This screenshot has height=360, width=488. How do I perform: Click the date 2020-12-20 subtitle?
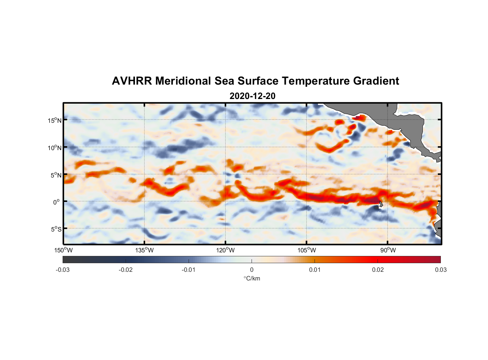[x=252, y=96]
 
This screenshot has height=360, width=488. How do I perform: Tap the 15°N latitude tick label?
[x=54, y=120]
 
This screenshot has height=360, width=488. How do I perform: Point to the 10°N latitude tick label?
[x=54, y=148]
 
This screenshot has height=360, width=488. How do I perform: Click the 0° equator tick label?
[x=57, y=202]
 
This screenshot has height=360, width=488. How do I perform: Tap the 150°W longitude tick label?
[x=63, y=250]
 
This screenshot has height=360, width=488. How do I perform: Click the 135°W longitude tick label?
[x=144, y=250]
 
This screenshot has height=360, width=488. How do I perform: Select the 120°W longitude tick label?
[x=225, y=250]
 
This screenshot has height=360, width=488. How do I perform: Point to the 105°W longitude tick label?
[x=307, y=250]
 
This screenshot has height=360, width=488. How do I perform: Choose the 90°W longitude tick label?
[x=388, y=250]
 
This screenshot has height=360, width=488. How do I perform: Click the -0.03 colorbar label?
[x=63, y=270]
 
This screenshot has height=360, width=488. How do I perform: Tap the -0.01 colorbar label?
[x=189, y=270]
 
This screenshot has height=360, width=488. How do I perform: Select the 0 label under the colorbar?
[x=252, y=270]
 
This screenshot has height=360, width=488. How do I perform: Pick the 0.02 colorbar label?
[x=378, y=270]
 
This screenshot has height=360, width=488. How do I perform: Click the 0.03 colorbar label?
[x=440, y=270]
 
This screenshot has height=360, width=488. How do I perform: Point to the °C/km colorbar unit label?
[x=252, y=278]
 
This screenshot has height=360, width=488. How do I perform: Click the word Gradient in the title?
[x=376, y=81]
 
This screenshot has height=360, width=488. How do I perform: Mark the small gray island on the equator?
[x=380, y=204]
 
